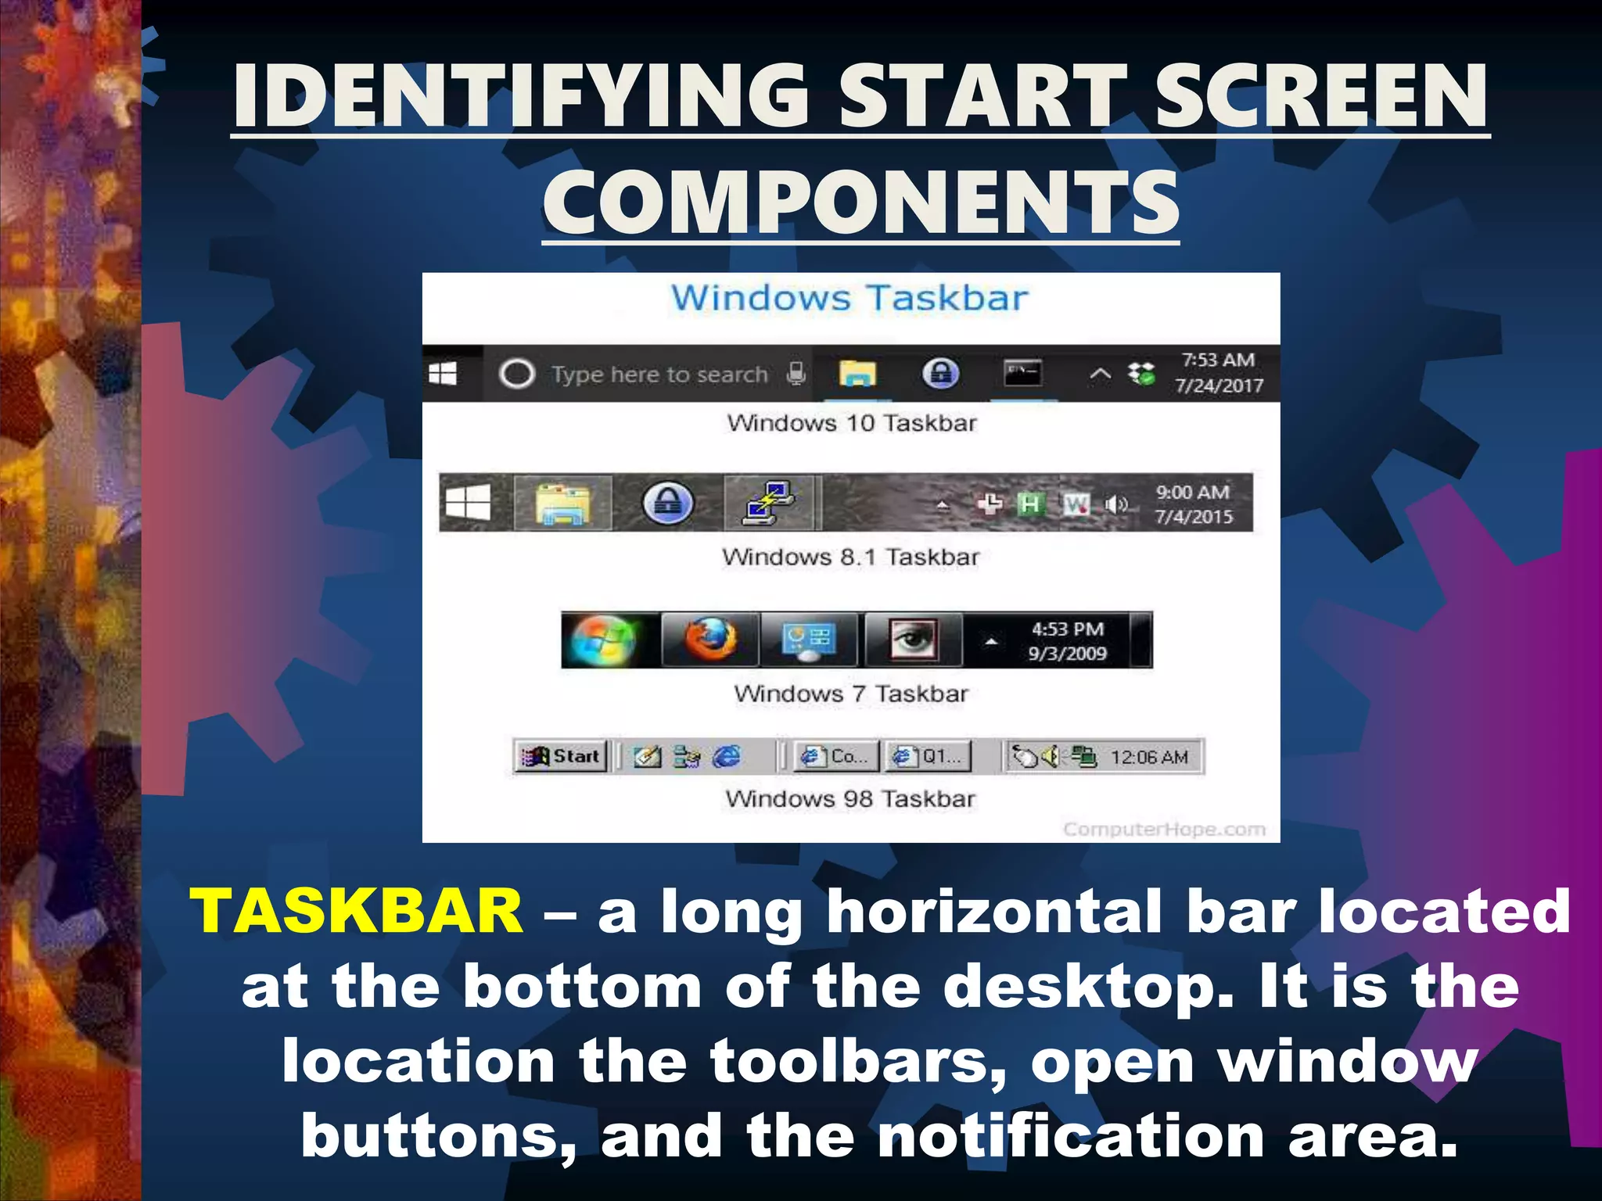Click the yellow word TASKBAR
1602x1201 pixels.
[357, 911]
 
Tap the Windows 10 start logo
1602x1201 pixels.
[443, 374]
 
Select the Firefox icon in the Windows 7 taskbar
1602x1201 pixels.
[710, 640]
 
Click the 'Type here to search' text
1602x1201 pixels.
[659, 375]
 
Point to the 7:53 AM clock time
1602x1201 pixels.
[1218, 360]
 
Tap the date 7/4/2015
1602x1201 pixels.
[1193, 517]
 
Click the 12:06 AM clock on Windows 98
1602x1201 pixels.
[1149, 757]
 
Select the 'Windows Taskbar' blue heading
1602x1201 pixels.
[849, 298]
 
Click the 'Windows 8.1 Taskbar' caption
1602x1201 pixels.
[850, 557]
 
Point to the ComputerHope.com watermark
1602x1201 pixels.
[1164, 829]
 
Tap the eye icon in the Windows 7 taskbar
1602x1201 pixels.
[912, 640]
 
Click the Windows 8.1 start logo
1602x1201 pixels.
[468, 502]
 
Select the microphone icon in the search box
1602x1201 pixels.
[796, 374]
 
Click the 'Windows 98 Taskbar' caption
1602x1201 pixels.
[850, 798]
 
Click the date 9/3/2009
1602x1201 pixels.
[1067, 654]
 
